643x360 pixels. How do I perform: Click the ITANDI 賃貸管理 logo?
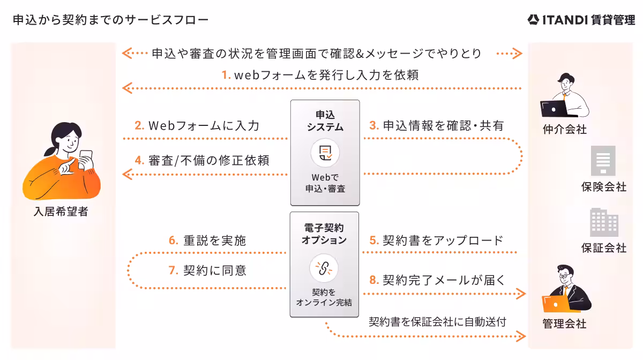click(x=581, y=20)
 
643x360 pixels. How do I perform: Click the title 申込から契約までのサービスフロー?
click(x=110, y=20)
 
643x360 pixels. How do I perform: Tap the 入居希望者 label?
click(x=61, y=212)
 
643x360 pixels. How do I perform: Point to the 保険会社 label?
click(x=603, y=187)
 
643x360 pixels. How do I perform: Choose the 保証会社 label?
click(x=603, y=248)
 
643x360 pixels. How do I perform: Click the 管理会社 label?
click(x=564, y=324)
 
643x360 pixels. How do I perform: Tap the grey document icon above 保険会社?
click(x=603, y=161)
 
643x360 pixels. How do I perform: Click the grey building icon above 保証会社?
click(x=603, y=222)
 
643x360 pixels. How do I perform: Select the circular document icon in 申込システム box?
click(x=325, y=153)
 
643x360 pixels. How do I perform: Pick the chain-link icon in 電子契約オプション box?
click(x=324, y=268)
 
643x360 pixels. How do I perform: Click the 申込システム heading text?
click(x=325, y=121)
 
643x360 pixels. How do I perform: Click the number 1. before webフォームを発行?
click(x=226, y=76)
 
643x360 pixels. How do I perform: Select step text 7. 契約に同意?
click(x=207, y=271)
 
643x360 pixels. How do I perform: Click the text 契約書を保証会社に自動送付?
click(x=437, y=321)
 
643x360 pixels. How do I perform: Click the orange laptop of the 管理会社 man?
click(x=556, y=303)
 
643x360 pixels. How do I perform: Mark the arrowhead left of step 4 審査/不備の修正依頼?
click(x=127, y=174)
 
